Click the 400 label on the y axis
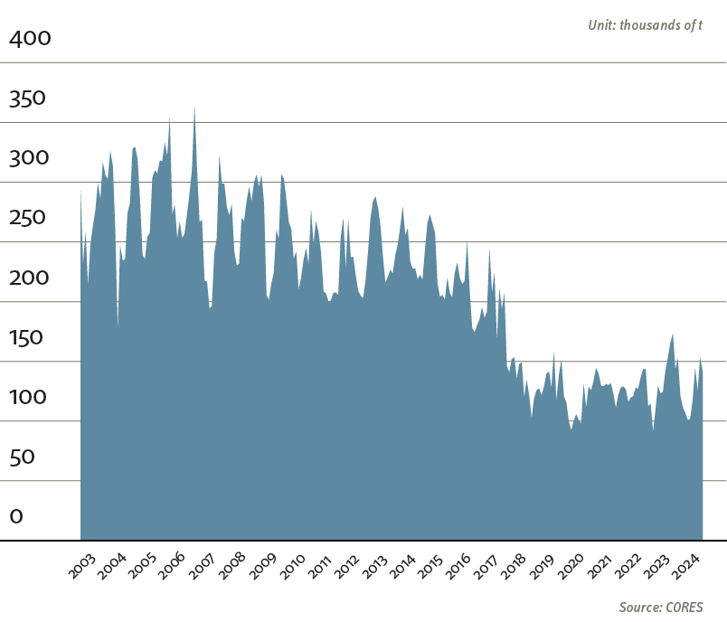pos(31,39)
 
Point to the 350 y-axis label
pos(30,99)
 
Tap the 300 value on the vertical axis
pos(30,158)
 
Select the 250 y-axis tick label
pos(30,218)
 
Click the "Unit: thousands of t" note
pos(645,25)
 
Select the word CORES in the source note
pos(683,607)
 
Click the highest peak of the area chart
pos(194,108)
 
